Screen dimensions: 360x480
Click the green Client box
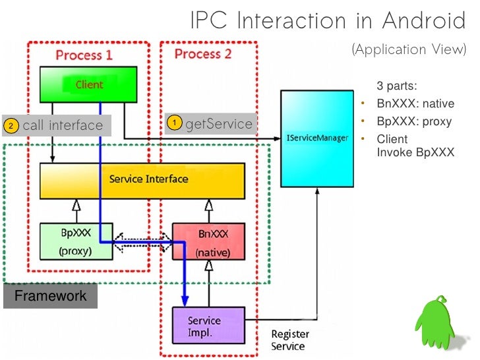coord(88,84)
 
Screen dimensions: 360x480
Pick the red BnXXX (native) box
coord(208,242)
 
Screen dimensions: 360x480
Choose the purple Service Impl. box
coord(208,325)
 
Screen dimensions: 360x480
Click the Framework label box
coord(51,296)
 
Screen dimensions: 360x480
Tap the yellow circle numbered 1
coord(175,123)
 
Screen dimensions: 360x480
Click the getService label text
coord(219,123)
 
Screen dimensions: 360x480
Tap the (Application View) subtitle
coord(409,49)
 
